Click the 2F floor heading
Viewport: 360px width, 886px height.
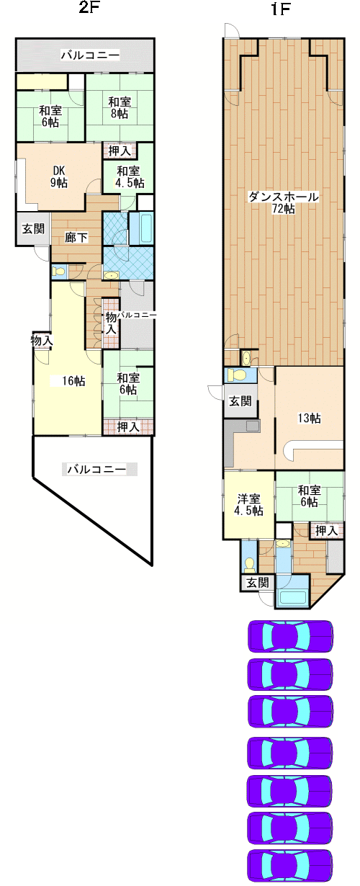click(88, 7)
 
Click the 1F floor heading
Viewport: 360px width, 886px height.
click(281, 9)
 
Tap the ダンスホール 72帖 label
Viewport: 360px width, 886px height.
click(283, 202)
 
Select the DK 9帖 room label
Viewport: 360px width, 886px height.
click(59, 176)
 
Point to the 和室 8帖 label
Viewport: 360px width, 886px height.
click(120, 107)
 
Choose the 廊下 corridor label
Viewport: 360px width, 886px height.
click(76, 237)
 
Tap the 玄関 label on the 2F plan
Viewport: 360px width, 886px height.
click(33, 228)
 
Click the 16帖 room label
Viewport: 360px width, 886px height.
click(74, 381)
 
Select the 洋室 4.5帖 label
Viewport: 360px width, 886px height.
click(249, 504)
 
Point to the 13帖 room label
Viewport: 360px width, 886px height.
click(309, 418)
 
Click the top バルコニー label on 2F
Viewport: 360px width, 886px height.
click(90, 55)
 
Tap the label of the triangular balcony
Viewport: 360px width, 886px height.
click(96, 470)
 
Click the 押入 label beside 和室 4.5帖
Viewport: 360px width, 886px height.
click(120, 151)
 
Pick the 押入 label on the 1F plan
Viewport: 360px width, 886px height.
click(326, 530)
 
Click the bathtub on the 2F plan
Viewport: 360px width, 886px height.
click(140, 229)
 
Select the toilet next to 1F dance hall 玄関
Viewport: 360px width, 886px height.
click(240, 375)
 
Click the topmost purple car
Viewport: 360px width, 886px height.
click(290, 637)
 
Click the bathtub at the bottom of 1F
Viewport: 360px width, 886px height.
click(293, 597)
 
